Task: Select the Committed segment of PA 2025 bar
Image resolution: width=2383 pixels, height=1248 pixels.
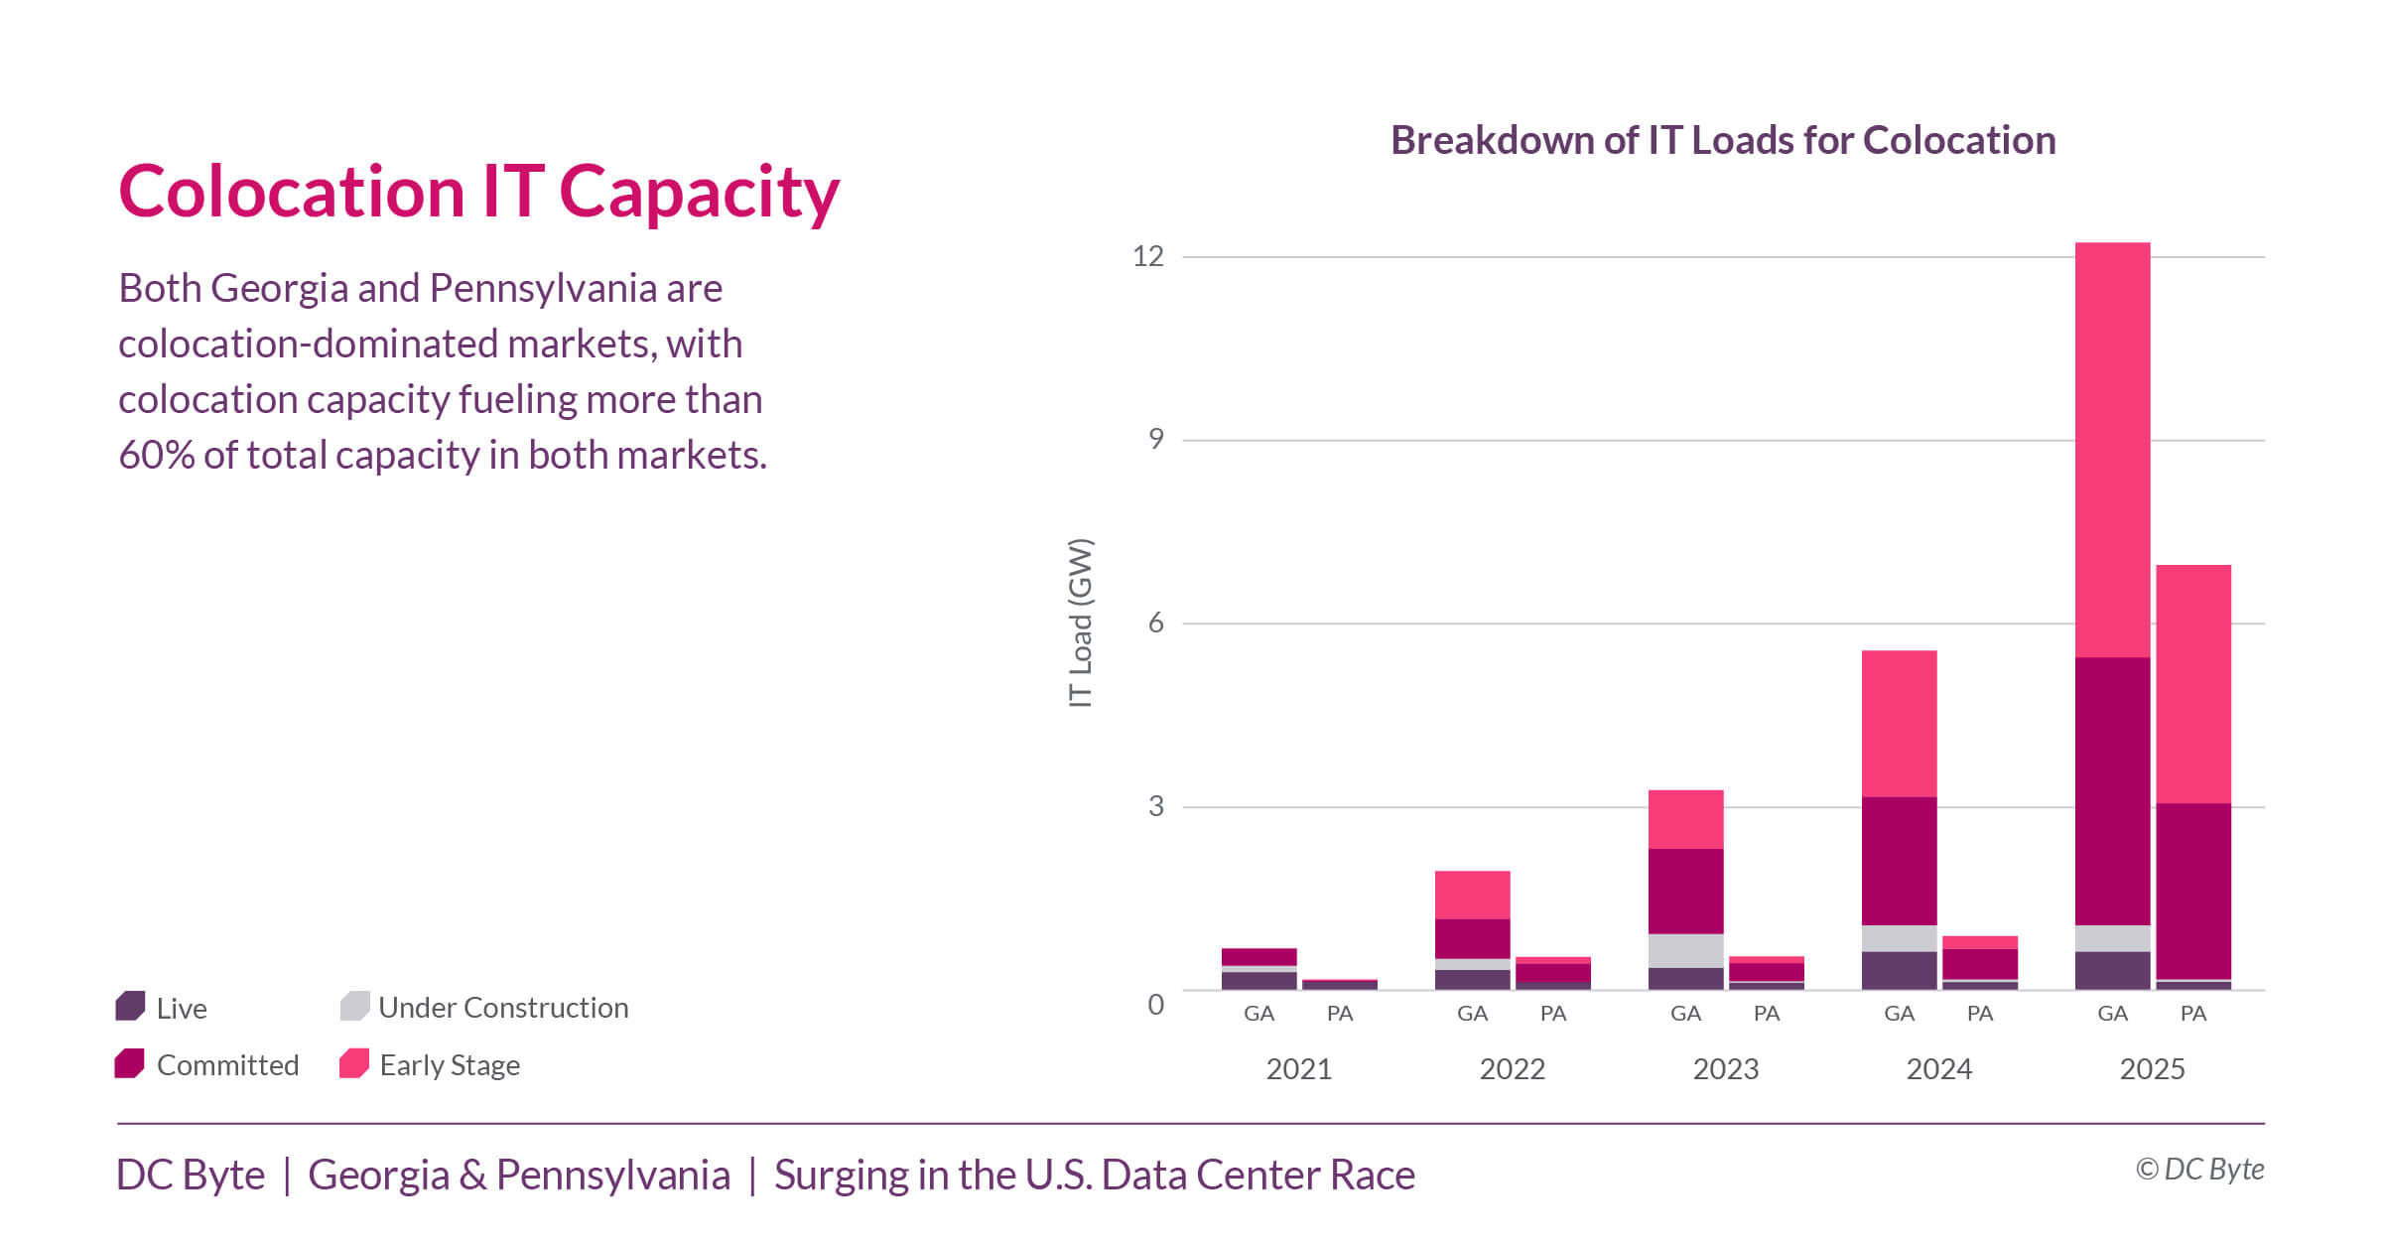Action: click(2193, 891)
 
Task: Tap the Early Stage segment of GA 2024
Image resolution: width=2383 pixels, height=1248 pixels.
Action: click(1899, 724)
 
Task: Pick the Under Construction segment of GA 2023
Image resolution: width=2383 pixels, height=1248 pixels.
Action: click(1685, 950)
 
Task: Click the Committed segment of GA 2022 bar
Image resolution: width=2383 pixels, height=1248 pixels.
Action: click(1472, 938)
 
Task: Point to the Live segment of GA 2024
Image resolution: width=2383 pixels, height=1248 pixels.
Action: click(1899, 970)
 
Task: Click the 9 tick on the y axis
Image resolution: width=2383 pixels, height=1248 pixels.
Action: click(1155, 439)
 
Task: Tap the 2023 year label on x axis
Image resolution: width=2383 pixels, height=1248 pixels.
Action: click(1725, 1069)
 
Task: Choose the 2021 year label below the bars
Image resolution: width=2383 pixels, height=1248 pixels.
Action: click(1298, 1069)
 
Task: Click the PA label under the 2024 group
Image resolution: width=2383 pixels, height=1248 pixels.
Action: click(1979, 1014)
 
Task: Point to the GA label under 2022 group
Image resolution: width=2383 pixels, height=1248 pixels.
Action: click(1472, 1014)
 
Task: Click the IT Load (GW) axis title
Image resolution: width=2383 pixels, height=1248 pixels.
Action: click(1080, 623)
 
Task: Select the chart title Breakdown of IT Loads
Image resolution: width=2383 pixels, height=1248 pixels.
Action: click(1723, 140)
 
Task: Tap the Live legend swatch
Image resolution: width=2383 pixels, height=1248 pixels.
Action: click(131, 1006)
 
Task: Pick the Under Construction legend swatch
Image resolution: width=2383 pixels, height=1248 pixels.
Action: click(354, 1006)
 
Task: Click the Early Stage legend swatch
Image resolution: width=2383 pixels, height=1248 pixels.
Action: click(354, 1063)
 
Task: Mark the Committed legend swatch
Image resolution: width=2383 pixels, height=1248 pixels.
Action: click(130, 1063)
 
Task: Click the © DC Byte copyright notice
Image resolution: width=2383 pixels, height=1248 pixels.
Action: click(2199, 1170)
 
